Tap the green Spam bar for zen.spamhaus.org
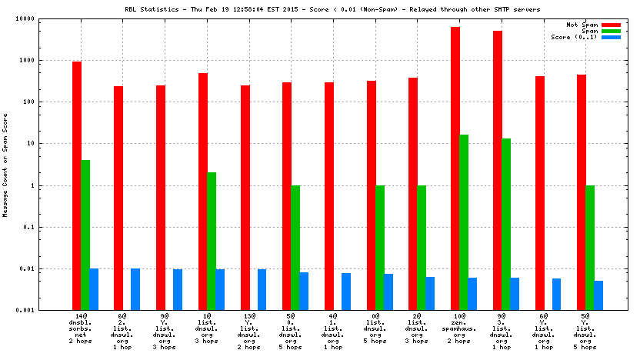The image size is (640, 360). coord(464,222)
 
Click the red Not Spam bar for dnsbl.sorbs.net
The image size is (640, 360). coord(77,185)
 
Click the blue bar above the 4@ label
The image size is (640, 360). coord(346,292)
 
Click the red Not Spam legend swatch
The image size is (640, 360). coord(611,25)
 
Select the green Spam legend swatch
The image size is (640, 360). coord(611,31)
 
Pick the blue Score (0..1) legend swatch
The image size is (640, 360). coord(611,37)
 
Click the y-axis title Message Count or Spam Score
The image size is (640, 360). coord(6,165)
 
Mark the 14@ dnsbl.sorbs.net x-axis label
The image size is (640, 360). coord(81,332)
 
